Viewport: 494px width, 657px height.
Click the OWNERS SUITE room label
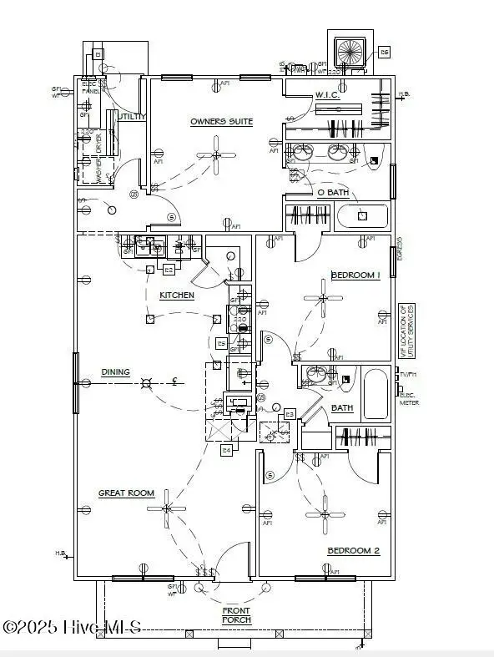click(221, 122)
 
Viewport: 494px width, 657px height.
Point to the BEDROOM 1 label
click(355, 275)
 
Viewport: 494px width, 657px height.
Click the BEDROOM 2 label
click(353, 550)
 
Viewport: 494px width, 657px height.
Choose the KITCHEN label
click(177, 296)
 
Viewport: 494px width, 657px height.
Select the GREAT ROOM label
click(126, 493)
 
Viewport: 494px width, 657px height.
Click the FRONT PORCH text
click(236, 615)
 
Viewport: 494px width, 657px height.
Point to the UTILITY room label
click(132, 117)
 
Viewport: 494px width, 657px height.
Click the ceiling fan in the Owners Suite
click(216, 154)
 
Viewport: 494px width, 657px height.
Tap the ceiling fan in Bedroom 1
click(323, 298)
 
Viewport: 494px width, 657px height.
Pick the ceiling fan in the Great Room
click(168, 508)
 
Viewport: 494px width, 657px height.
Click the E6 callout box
click(384, 52)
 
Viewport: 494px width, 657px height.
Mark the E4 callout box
click(225, 451)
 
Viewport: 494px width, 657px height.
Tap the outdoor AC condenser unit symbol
click(350, 51)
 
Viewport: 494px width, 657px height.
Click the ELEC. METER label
click(409, 400)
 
